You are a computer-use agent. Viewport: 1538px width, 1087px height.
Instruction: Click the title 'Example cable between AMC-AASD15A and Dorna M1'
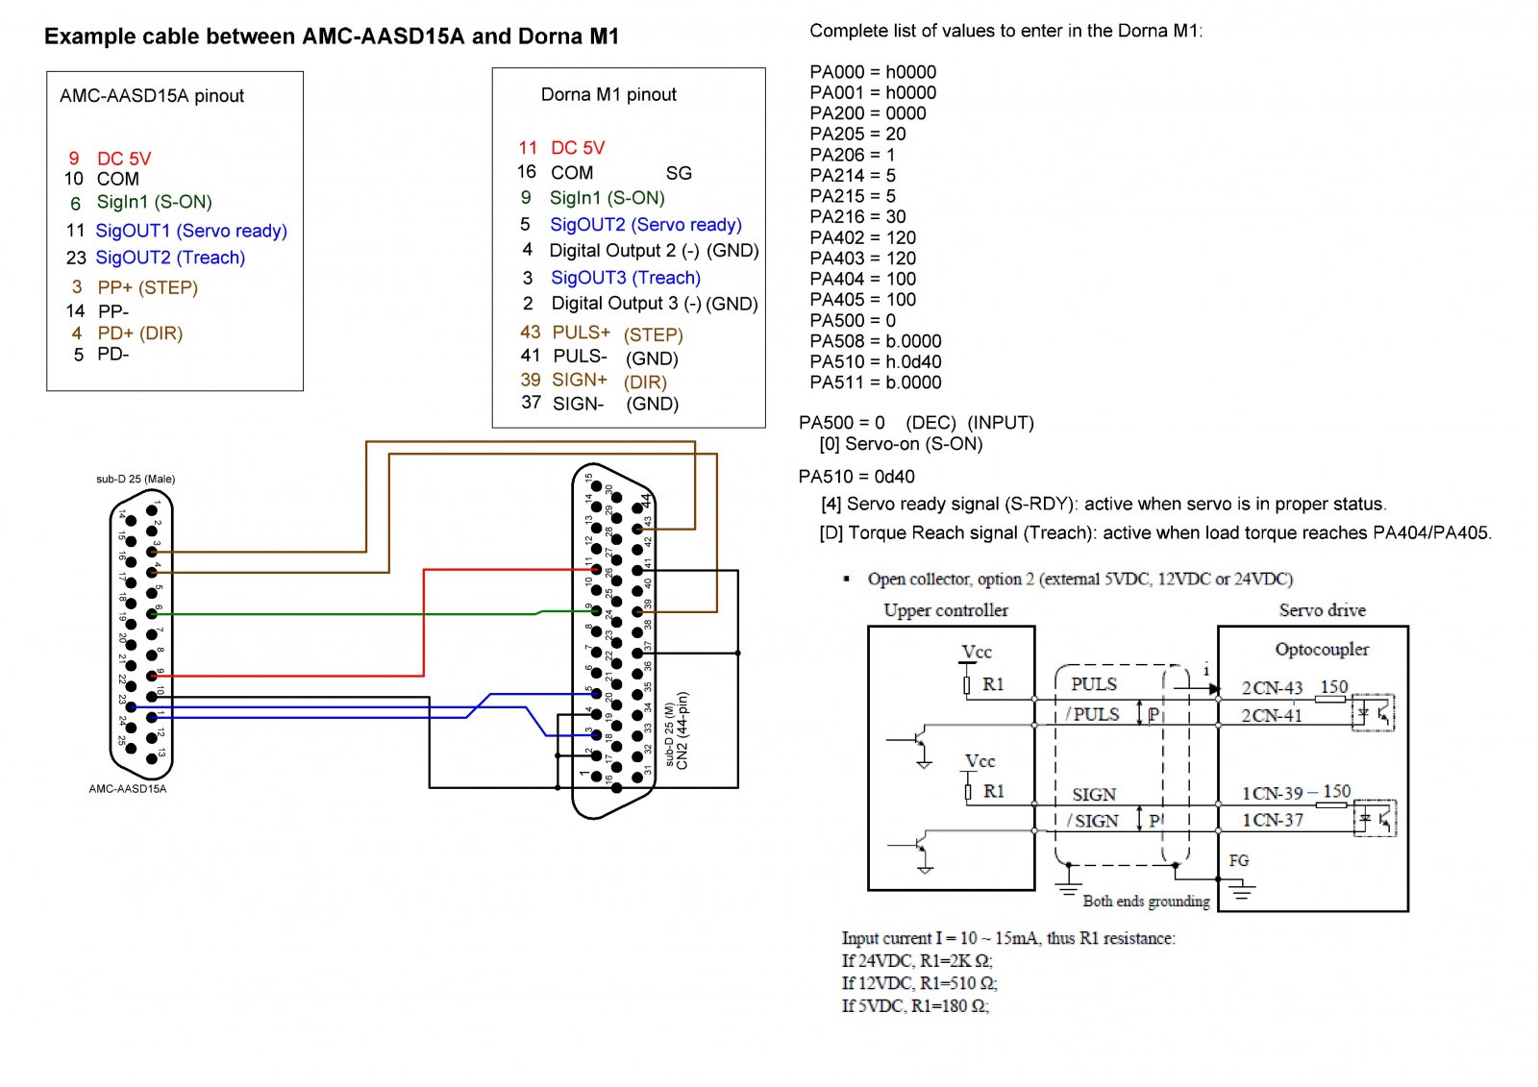coord(332,37)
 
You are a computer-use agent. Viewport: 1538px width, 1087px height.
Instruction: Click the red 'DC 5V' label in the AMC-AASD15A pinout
coord(123,159)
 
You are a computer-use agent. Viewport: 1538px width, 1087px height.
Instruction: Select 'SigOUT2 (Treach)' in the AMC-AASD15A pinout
coord(170,258)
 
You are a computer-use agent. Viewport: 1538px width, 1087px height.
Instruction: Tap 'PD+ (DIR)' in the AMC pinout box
coord(139,334)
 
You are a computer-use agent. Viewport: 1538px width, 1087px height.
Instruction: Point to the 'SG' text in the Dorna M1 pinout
coord(679,173)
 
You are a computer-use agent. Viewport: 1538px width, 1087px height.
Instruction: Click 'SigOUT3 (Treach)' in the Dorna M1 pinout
coord(625,278)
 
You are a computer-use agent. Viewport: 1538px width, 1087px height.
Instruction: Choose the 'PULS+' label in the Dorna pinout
coord(581,333)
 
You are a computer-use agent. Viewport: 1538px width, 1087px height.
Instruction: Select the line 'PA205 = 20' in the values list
coord(857,134)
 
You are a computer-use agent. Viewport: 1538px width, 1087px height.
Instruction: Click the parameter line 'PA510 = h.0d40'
coord(875,361)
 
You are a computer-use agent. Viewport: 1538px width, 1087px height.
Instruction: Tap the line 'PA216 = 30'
coord(857,216)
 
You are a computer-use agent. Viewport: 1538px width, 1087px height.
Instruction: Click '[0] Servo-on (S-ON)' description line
coord(901,444)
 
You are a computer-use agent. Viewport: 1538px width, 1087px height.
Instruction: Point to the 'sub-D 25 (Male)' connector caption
coord(136,479)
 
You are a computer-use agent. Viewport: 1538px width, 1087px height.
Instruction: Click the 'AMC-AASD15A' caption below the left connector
coord(128,789)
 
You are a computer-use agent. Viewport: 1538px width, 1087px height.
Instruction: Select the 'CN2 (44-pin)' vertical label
coord(682,730)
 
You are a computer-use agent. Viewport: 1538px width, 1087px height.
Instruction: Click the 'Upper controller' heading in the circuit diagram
coord(946,610)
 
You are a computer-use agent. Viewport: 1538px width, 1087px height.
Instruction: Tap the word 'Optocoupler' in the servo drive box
coord(1322,649)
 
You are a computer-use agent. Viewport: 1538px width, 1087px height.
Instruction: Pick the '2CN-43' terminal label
coord(1272,688)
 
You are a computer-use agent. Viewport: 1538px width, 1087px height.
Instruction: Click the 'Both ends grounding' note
coord(1146,901)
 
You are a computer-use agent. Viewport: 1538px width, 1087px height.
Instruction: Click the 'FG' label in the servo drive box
coord(1239,860)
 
